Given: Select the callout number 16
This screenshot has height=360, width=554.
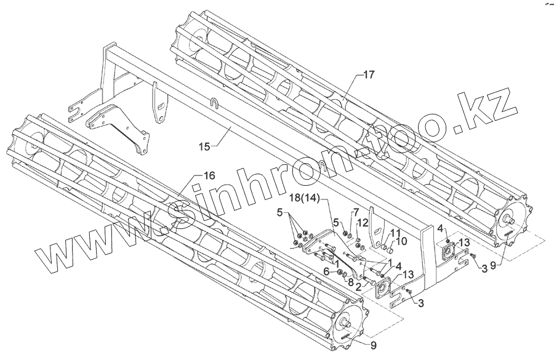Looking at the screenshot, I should click(x=209, y=175).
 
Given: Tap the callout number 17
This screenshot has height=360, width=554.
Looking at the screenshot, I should click(x=367, y=74).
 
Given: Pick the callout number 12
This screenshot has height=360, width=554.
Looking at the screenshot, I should click(x=363, y=222).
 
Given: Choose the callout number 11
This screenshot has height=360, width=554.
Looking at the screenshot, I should click(x=395, y=232).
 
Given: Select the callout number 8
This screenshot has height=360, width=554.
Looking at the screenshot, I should click(x=351, y=283).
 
